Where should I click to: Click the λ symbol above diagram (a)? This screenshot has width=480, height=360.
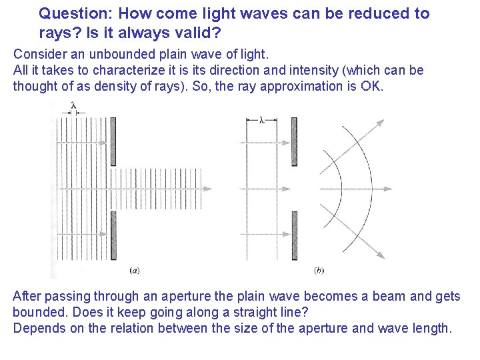click(73, 105)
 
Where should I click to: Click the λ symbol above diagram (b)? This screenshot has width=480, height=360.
click(261, 121)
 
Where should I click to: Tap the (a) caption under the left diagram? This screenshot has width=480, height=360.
click(134, 270)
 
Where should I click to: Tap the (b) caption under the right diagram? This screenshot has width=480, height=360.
click(319, 270)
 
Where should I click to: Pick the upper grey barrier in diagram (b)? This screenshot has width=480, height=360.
click(294, 142)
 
